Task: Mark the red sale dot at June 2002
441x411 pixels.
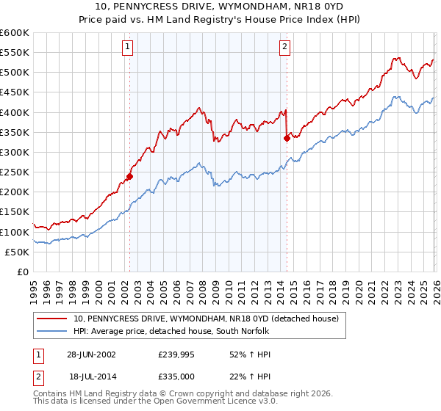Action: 129,176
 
